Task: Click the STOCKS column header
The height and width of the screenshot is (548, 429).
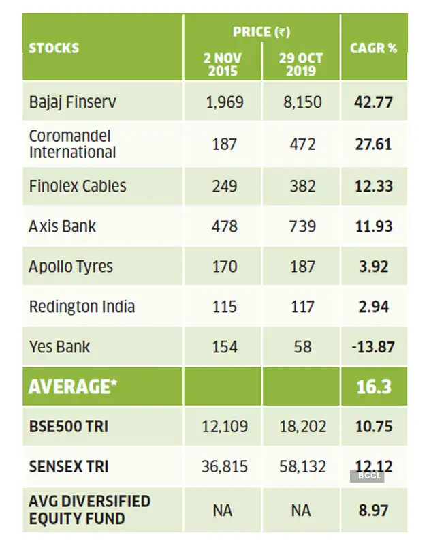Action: [54, 48]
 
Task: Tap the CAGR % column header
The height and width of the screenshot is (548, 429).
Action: [373, 48]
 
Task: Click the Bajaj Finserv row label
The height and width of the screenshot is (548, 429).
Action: [72, 103]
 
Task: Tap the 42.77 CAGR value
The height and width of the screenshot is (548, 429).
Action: [373, 103]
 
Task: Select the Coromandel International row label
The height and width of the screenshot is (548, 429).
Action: [72, 144]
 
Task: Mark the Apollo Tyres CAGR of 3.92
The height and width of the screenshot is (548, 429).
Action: [373, 266]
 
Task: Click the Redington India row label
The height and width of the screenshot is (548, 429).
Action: [81, 306]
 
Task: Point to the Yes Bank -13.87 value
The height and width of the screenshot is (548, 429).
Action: [373, 346]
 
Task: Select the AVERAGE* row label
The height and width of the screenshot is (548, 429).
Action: [73, 386]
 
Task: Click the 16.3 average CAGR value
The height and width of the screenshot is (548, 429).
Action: [373, 386]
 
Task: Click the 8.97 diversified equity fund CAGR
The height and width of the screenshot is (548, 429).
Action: [373, 510]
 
